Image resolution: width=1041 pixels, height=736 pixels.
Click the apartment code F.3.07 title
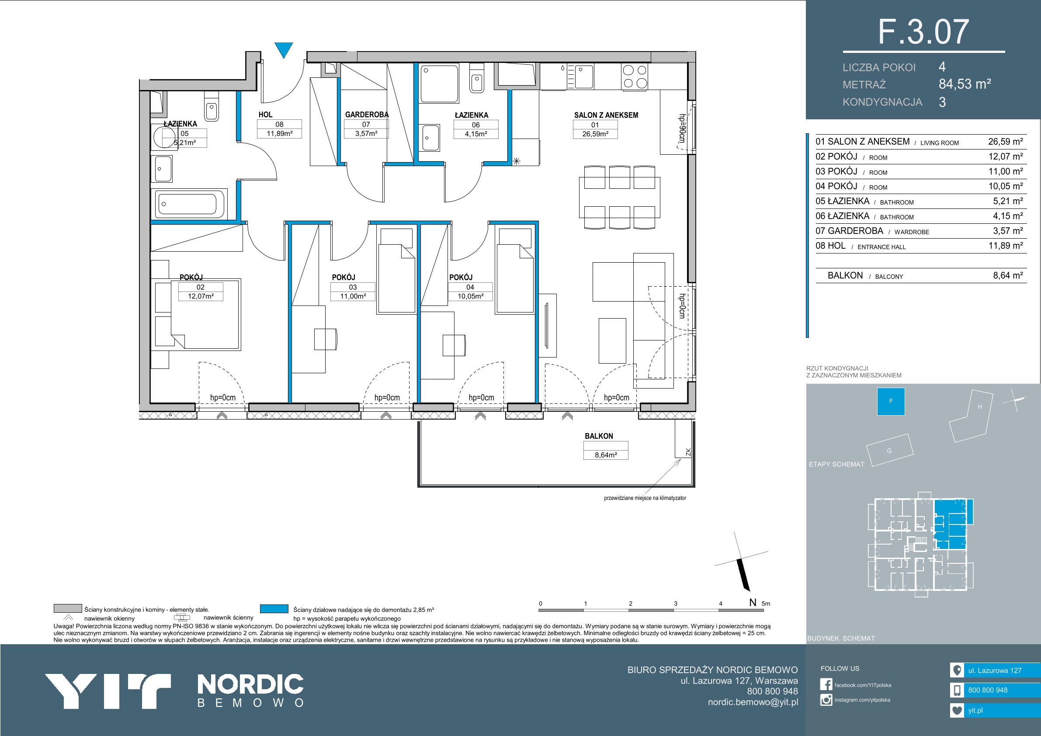(923, 32)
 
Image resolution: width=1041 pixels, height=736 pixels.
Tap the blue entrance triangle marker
(284, 50)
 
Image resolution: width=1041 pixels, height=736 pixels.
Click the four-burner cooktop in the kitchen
(635, 76)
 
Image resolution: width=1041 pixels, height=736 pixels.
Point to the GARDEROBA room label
(367, 115)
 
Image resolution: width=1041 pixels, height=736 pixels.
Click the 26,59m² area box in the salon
(595, 134)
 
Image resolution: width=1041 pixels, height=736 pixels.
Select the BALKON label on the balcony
(598, 436)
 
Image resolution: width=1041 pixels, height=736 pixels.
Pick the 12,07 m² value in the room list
(1005, 156)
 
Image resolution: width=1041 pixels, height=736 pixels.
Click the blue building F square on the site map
(891, 401)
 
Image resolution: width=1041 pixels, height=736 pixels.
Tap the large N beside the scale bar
(753, 603)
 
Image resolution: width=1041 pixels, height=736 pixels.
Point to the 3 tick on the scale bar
(676, 604)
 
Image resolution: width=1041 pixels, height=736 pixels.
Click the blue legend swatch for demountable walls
(274, 608)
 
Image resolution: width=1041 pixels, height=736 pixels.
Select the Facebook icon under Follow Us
(826, 684)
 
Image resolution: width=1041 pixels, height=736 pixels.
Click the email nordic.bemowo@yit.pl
(753, 702)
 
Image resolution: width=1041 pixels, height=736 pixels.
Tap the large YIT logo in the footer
(108, 691)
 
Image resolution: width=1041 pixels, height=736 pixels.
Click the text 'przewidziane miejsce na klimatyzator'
(645, 498)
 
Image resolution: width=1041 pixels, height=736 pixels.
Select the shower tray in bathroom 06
(439, 83)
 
